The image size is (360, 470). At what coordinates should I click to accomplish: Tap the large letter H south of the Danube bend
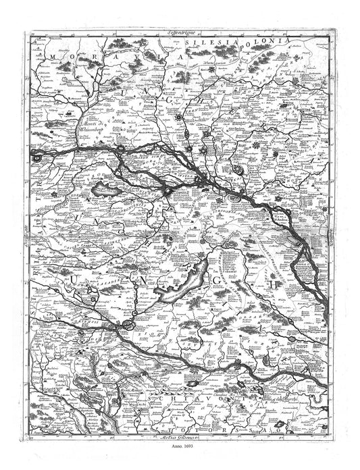pos(275,285)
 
